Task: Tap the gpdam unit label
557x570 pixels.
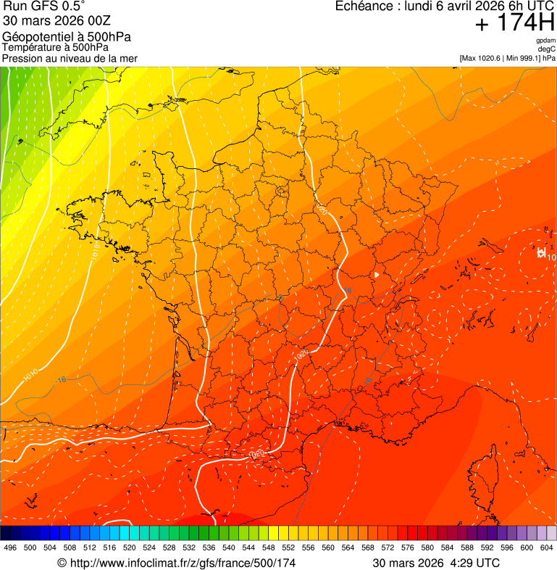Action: tap(545, 41)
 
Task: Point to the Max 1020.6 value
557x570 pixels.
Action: tap(485, 57)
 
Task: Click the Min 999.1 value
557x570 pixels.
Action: tap(524, 57)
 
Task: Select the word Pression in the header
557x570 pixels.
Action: tap(22, 58)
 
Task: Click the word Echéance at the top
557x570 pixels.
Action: tap(367, 7)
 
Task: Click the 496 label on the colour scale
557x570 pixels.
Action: tap(10, 548)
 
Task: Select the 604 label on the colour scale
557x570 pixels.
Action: tap(547, 548)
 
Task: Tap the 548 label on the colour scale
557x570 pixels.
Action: tap(269, 548)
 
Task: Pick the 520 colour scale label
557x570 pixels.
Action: tap(130, 548)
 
